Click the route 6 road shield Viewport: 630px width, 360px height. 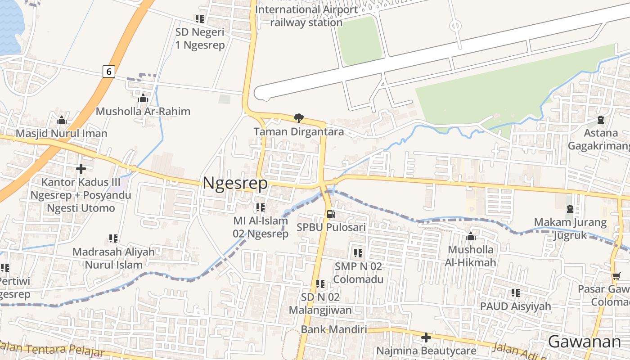coord(108,71)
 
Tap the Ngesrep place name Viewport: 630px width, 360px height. coord(235,183)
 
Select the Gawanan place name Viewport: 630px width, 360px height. coord(584,342)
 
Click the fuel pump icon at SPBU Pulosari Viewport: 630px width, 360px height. coord(331,215)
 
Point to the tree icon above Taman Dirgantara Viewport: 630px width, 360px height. coord(298,118)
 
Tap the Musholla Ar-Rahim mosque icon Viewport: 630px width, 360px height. coord(143,98)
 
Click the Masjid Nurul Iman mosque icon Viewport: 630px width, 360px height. coord(62,120)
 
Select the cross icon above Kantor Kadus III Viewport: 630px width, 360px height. coord(81,169)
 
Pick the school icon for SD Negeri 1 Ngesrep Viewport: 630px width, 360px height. coord(200,19)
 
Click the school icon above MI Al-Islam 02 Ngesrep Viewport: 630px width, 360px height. coord(261,207)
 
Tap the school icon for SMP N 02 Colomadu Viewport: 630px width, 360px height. coord(358,253)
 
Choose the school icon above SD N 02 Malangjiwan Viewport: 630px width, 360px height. coord(320,284)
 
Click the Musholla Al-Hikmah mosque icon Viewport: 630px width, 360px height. coord(471,236)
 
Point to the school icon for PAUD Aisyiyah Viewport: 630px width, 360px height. coord(516,293)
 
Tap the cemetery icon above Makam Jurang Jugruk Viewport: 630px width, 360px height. coord(570,209)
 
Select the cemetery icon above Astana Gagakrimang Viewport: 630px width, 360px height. coord(601,120)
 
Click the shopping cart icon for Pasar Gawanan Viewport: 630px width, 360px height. coord(616,276)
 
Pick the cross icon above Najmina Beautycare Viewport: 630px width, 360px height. coord(426,337)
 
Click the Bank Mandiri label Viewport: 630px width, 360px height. coord(333,329)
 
